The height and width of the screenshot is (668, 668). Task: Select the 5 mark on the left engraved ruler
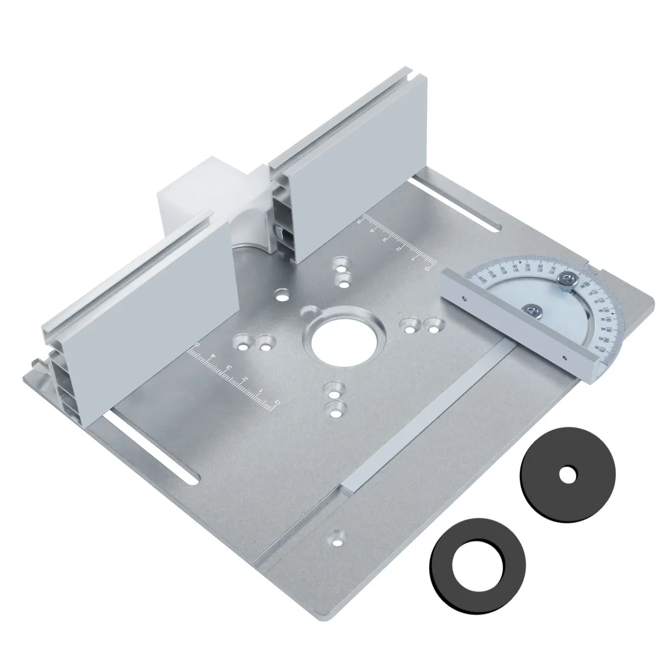pyautogui.click(x=197, y=346)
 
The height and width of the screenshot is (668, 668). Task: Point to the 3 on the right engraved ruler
pyautogui.click(x=386, y=238)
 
